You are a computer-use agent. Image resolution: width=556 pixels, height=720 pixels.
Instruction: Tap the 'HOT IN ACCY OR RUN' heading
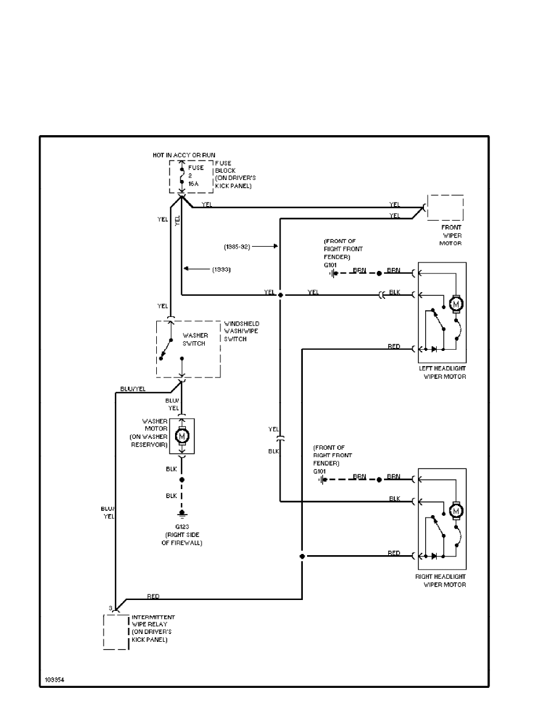184,156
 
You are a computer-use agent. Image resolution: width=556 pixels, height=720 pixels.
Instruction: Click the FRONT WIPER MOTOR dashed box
445,208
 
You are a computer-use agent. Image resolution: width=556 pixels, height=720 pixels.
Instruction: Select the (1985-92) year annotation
236,247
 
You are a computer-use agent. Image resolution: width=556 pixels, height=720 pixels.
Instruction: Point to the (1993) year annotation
222,268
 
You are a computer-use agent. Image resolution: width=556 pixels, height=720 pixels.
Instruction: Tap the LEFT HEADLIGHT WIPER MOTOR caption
442,372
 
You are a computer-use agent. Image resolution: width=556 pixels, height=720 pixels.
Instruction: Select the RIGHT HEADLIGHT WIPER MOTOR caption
440,581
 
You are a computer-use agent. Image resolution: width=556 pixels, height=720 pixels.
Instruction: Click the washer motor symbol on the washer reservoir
182,435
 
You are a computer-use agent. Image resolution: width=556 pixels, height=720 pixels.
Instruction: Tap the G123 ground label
181,527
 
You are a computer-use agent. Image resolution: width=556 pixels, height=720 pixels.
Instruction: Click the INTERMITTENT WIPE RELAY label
153,628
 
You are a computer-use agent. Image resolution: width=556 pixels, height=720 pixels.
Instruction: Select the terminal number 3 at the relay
110,608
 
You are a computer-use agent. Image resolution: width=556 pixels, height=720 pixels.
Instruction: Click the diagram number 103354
54,680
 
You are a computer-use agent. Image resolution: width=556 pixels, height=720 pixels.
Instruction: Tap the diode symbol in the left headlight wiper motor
433,350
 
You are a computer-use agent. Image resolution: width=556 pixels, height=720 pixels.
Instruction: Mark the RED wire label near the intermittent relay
153,596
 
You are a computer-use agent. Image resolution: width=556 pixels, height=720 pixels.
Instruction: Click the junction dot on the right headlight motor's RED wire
302,556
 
